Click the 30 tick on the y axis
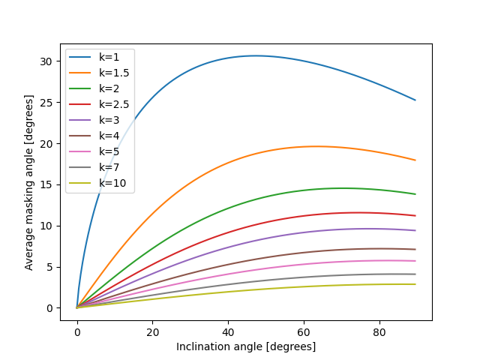(x=49, y=61)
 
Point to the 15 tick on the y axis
(x=49, y=184)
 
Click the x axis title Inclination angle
(x=246, y=346)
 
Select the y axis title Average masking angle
(x=29, y=182)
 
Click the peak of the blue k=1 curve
(x=255, y=55)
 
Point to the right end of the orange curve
(x=415, y=160)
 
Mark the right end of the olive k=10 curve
(x=415, y=284)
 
